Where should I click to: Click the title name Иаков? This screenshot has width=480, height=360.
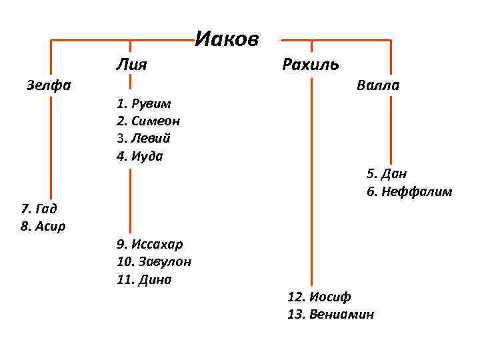click(227, 40)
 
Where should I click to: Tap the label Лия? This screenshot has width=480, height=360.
click(131, 65)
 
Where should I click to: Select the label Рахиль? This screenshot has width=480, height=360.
click(311, 65)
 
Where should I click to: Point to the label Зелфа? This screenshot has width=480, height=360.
click(49, 85)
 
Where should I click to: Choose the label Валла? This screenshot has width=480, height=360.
click(378, 85)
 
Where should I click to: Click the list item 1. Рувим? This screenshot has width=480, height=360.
click(143, 104)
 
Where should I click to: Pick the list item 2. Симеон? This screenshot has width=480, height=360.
click(148, 121)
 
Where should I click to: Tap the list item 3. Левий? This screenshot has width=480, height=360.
click(143, 139)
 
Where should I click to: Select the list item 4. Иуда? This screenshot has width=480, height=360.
click(139, 157)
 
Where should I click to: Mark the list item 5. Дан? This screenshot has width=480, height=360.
click(387, 174)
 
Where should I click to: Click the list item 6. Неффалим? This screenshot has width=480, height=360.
click(409, 192)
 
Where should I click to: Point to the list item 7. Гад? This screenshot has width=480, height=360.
click(39, 209)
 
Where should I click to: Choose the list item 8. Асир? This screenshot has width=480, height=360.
click(43, 226)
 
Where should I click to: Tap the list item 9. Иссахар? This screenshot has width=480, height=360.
click(149, 244)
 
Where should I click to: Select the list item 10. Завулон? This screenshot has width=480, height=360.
click(154, 262)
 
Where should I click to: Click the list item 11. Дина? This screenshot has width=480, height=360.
click(144, 279)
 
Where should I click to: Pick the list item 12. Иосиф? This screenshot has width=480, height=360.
click(319, 297)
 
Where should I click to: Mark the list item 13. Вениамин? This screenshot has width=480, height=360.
click(331, 314)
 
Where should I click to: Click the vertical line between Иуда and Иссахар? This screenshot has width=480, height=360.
click(131, 200)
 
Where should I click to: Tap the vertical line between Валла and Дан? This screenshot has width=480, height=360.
click(391, 130)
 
